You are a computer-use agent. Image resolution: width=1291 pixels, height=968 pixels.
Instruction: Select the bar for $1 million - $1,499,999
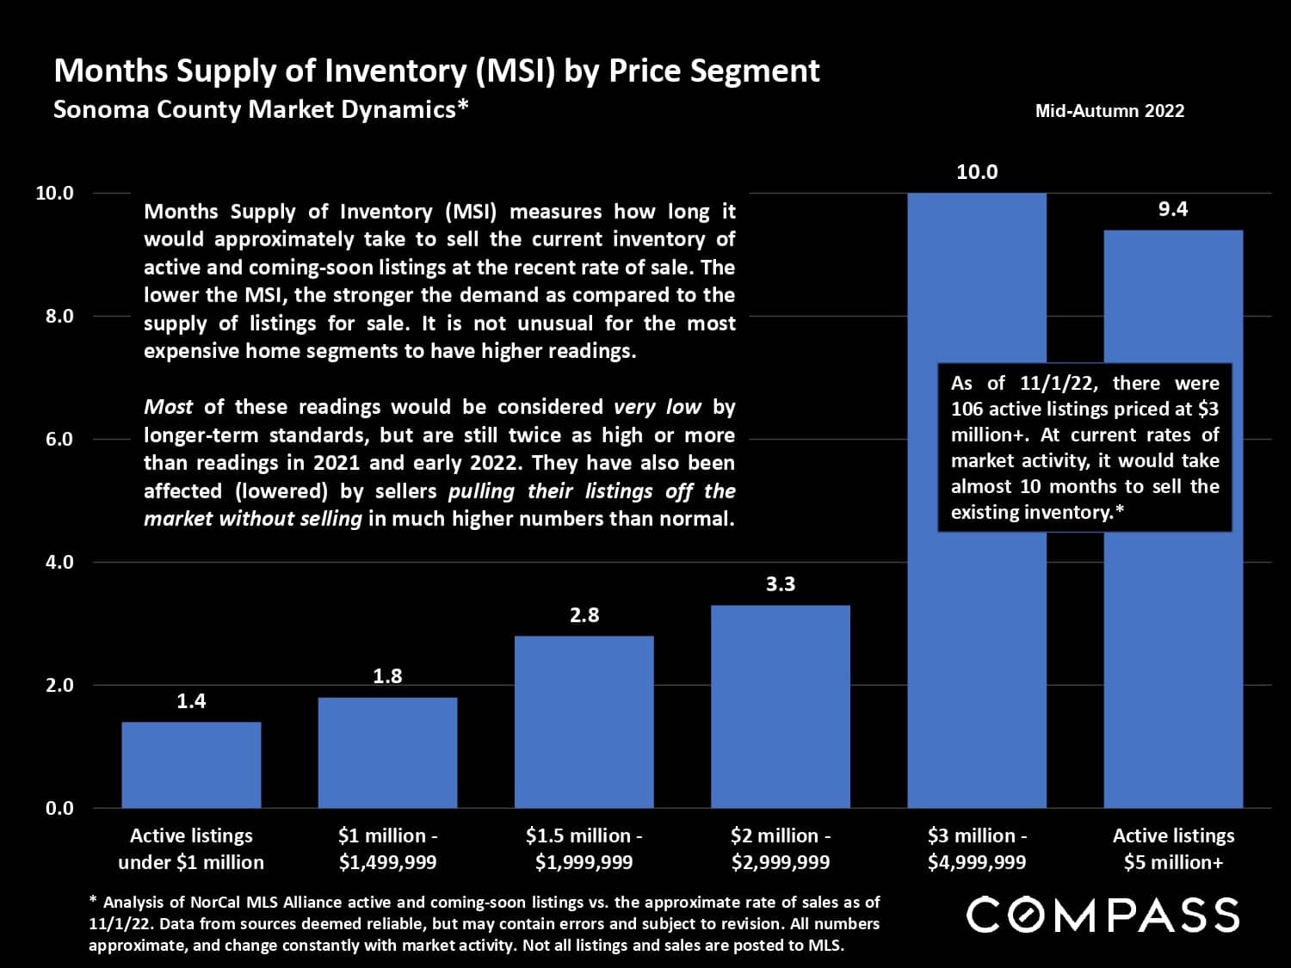[x=387, y=752]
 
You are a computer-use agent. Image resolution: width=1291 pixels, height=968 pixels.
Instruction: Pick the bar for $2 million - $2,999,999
[x=780, y=706]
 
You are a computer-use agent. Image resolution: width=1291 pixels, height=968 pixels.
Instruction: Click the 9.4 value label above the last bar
[x=1172, y=209]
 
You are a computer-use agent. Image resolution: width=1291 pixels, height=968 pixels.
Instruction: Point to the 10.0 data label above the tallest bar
[x=977, y=172]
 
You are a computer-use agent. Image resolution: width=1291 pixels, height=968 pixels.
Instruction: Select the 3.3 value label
[x=780, y=584]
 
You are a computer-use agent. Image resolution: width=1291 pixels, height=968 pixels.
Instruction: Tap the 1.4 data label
[x=191, y=701]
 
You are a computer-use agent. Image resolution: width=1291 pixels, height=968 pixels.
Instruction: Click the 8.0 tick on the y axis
[x=59, y=316]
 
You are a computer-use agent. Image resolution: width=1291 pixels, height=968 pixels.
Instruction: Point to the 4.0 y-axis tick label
[x=59, y=562]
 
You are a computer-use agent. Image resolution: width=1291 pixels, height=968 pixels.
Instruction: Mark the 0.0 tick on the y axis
[x=59, y=808]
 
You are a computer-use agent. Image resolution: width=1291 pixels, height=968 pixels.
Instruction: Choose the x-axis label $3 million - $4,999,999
[x=977, y=848]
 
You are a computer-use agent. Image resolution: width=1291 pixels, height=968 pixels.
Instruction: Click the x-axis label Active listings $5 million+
[x=1173, y=848]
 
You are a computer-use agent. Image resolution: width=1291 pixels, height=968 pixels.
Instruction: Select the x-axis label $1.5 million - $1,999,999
[x=584, y=848]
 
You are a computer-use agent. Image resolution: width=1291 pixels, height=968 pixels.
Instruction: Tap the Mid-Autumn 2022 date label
[x=1109, y=111]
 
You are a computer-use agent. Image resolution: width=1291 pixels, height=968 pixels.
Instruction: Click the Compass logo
[x=1103, y=915]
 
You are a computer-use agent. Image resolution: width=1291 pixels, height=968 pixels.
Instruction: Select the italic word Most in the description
[x=168, y=407]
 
